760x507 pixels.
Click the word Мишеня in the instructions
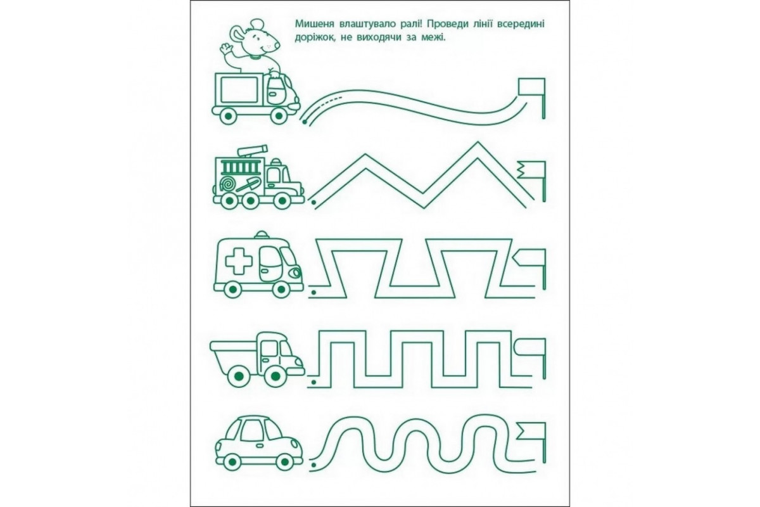[x=312, y=24]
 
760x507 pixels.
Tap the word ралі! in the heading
[x=410, y=24]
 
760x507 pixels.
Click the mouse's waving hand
[x=225, y=49]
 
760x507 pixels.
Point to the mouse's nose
[x=277, y=45]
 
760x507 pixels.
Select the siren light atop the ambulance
[x=262, y=234]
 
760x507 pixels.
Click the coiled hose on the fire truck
[x=227, y=184]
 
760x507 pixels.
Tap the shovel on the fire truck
[x=249, y=184]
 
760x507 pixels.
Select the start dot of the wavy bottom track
[x=313, y=465]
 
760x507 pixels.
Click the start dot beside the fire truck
[x=313, y=203]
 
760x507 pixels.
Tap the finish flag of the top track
[x=532, y=98]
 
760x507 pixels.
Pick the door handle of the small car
[x=260, y=445]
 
